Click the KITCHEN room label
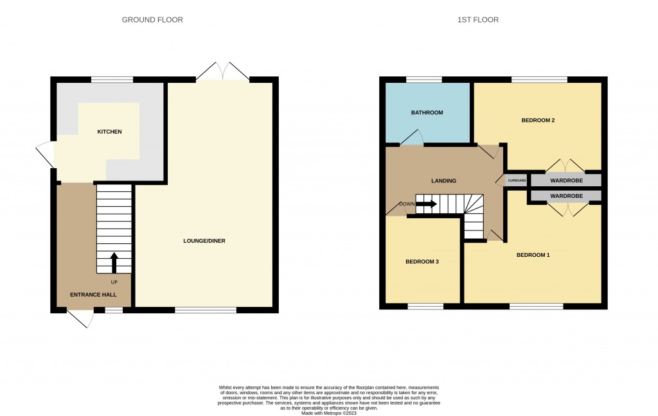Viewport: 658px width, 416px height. pos(109,132)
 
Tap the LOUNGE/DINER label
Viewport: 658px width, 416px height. pos(204,241)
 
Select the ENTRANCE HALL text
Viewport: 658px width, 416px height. pos(93,295)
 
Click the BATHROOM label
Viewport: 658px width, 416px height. pos(427,112)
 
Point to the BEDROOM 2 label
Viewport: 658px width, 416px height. pos(538,120)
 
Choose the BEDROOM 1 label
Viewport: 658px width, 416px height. pos(533,255)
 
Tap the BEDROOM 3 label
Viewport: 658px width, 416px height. pos(422,262)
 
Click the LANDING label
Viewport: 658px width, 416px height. pos(443,181)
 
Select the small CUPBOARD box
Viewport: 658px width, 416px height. pos(517,181)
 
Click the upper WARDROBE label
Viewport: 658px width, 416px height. pos(567,181)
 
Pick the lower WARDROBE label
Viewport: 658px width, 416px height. pos(567,196)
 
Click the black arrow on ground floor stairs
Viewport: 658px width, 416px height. pos(114,263)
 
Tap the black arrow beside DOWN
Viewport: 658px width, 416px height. pos(427,204)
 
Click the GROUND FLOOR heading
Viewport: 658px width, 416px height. pos(152,20)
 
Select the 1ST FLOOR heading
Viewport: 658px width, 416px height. pos(478,20)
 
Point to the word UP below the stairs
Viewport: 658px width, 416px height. pos(114,282)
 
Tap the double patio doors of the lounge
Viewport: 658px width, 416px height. pos(222,71)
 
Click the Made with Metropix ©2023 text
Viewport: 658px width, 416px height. pos(329,413)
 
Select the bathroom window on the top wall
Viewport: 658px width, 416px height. pos(424,80)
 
